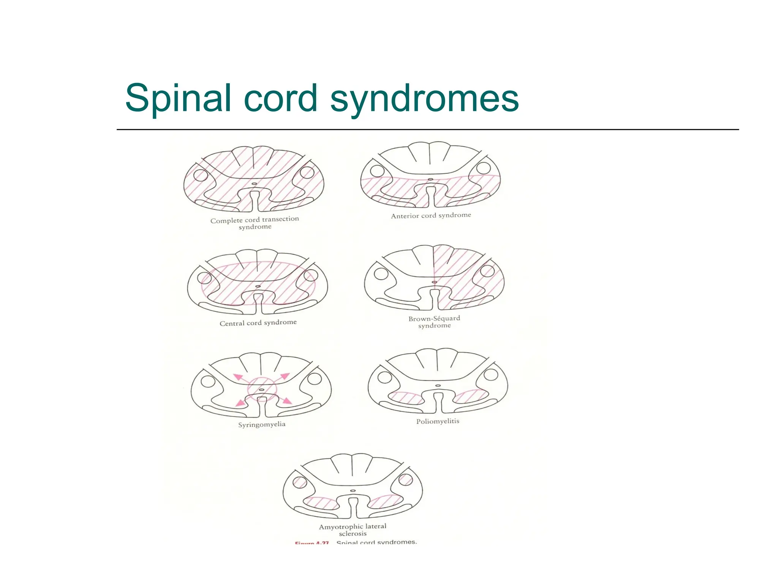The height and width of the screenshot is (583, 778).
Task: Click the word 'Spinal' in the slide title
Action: click(178, 98)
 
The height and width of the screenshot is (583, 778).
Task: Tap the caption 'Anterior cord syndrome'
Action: click(431, 216)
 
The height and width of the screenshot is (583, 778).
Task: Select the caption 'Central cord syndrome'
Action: click(258, 323)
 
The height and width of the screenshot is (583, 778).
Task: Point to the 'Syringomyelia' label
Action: click(262, 424)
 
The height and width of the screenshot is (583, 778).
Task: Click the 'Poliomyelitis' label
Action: click(438, 421)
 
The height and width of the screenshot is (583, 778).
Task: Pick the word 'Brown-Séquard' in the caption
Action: click(434, 318)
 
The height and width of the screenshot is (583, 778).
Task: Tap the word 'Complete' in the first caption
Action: click(226, 221)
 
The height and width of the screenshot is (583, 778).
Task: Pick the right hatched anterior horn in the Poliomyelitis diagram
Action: click(471, 396)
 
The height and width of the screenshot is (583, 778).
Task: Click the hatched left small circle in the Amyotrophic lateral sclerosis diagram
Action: click(300, 482)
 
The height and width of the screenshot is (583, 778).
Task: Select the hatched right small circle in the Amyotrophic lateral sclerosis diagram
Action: click(405, 480)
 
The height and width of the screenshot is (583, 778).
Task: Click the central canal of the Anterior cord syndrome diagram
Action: click(430, 179)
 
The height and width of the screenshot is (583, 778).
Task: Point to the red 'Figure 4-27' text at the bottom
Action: click(312, 543)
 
